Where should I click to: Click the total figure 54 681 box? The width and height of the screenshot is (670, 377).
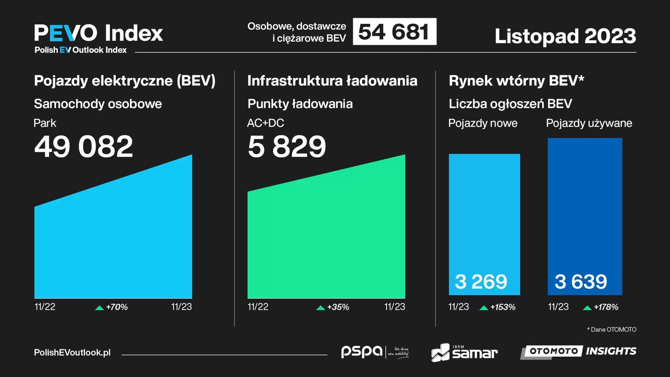[x=394, y=32]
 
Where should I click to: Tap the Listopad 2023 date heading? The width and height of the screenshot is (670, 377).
[x=565, y=36]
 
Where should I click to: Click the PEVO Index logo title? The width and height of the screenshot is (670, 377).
[x=98, y=33]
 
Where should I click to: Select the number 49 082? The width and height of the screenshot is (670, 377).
[x=83, y=146]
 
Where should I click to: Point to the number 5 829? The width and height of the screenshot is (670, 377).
[x=287, y=146]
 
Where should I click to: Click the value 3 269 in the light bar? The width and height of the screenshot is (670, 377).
[x=481, y=282]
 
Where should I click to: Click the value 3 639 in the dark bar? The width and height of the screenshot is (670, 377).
[x=581, y=282]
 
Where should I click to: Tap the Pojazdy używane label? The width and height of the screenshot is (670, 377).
[x=589, y=123]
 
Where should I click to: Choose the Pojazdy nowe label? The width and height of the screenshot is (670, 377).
[x=483, y=123]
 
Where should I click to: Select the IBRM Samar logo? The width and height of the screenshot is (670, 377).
[x=464, y=352]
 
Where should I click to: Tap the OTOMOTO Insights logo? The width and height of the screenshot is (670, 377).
[x=578, y=351]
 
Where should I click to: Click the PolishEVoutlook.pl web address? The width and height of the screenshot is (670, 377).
[x=72, y=353]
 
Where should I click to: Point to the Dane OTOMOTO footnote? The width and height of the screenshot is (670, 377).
[x=612, y=330]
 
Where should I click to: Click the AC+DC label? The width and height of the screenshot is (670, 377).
[x=266, y=123]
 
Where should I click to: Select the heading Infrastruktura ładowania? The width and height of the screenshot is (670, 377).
[x=332, y=81]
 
